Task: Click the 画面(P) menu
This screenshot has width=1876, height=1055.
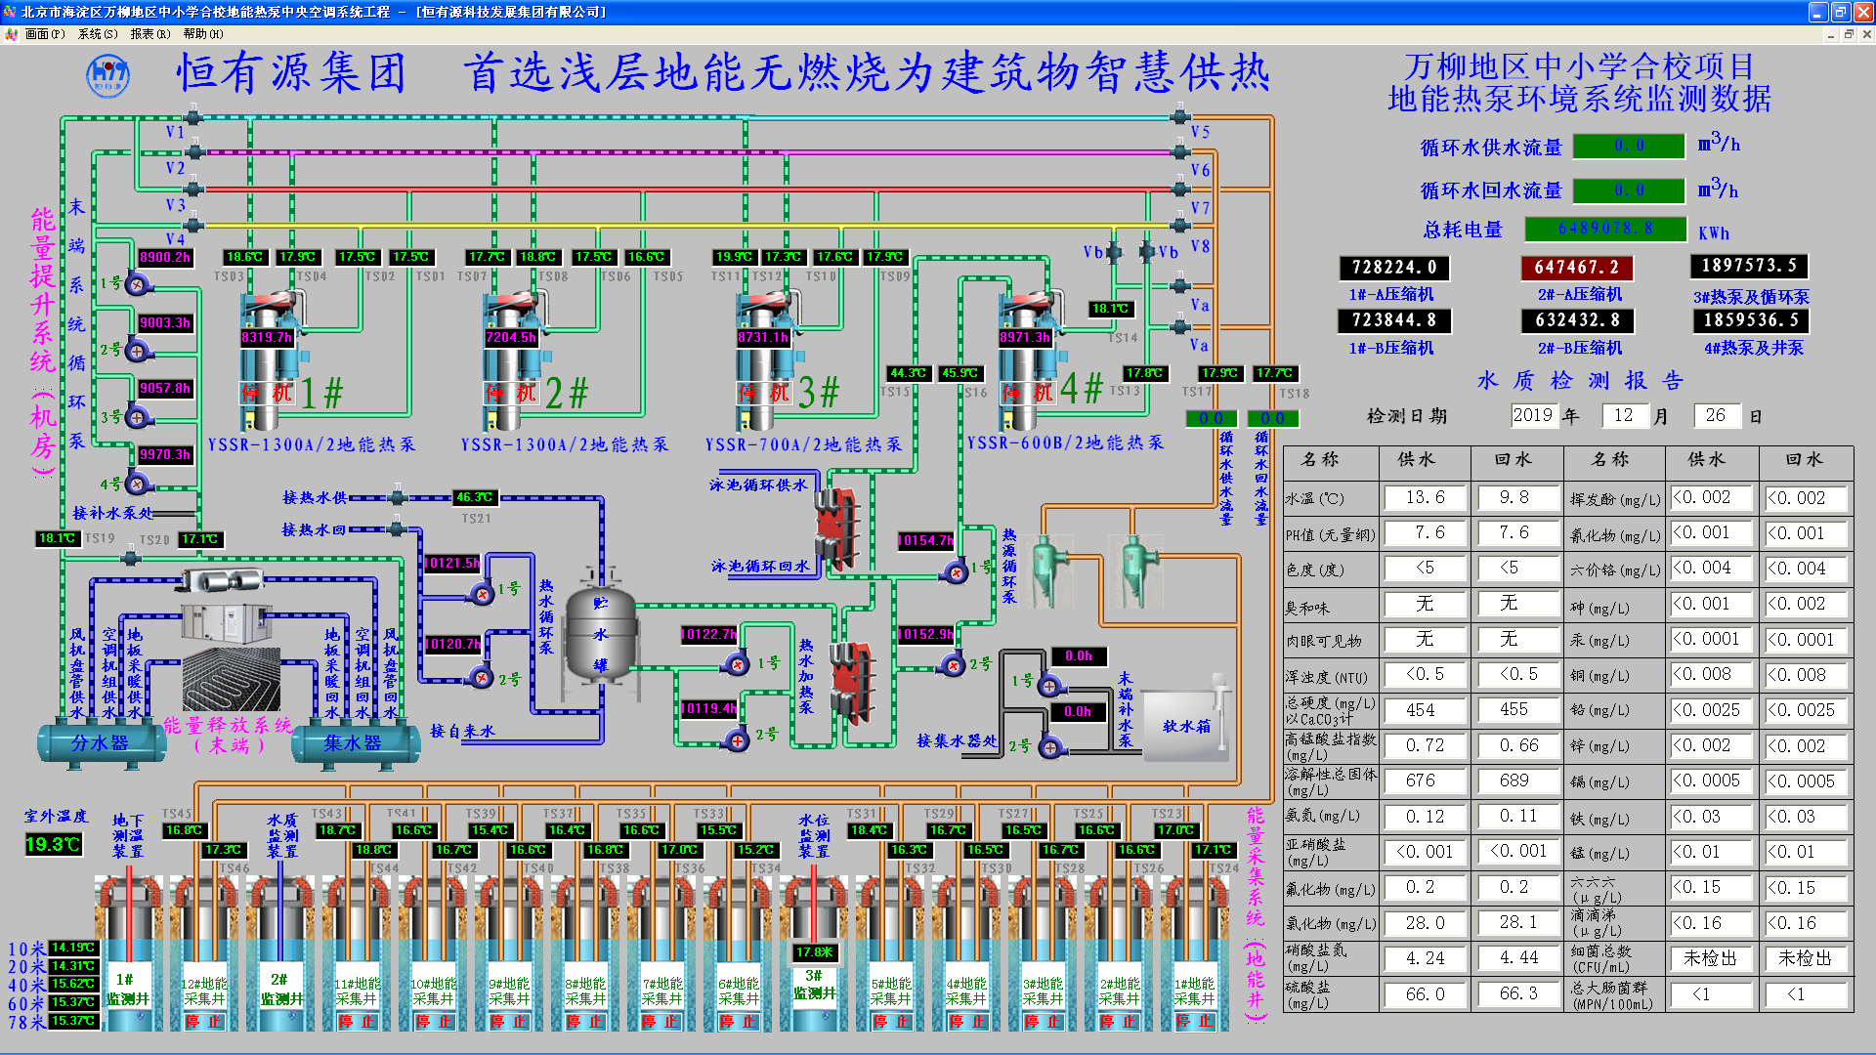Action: pos(44,34)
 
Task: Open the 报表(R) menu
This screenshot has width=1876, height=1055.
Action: pos(149,34)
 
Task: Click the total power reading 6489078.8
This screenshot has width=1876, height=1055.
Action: pos(1605,229)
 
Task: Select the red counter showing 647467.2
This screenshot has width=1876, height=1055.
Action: pos(1576,268)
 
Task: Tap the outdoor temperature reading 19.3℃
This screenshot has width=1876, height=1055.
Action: pos(53,844)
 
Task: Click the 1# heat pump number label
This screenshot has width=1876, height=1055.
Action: pos(322,394)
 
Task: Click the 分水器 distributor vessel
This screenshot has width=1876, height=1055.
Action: pos(100,743)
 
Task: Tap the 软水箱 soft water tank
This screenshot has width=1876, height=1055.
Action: pos(1185,726)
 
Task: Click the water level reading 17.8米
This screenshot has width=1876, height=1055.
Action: pos(814,952)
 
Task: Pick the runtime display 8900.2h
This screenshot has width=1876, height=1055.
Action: pos(165,257)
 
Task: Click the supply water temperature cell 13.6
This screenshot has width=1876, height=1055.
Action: pos(1425,498)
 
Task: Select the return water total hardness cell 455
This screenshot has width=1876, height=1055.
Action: pos(1514,710)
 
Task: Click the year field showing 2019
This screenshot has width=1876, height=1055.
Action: pos(1532,416)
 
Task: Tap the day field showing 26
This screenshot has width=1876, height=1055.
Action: pos(1716,416)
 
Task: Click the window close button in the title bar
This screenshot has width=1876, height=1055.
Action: pos(1863,12)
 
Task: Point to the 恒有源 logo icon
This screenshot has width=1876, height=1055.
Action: pos(107,75)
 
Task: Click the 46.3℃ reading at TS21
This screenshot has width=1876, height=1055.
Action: pos(475,497)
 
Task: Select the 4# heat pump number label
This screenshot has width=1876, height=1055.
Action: pos(1082,390)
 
